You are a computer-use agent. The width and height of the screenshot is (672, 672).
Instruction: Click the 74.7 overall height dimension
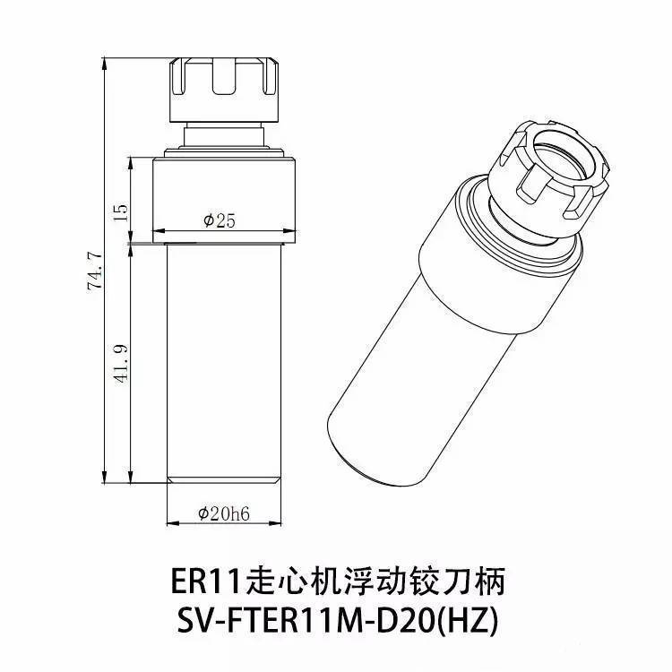(x=95, y=271)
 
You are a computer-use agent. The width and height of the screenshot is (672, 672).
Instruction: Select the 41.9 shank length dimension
(x=121, y=363)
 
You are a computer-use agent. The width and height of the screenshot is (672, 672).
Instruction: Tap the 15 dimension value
(x=121, y=211)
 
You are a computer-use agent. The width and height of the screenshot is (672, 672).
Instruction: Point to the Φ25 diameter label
(x=219, y=220)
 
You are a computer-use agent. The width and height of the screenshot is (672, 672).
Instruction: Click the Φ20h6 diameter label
(x=224, y=513)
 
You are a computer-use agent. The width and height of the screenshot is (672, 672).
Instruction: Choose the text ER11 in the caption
(x=204, y=582)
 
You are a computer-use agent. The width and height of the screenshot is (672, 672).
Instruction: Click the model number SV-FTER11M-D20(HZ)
(x=338, y=621)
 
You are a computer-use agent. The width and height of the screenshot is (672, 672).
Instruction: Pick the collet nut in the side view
(x=225, y=90)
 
